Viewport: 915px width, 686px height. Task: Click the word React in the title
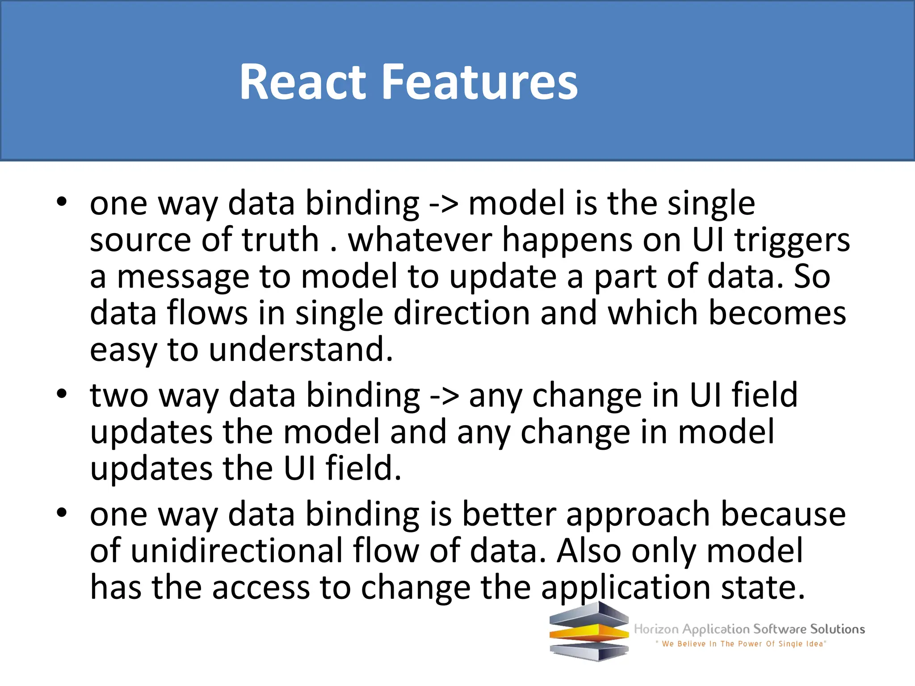[x=302, y=82]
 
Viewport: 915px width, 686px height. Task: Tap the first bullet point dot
[x=62, y=201]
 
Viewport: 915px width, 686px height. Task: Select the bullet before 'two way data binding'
[x=62, y=394]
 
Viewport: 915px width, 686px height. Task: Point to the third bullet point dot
[x=62, y=513]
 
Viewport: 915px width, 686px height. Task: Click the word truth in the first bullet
[x=280, y=240]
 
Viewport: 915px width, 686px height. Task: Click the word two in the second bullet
[x=119, y=396]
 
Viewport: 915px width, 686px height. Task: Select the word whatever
[x=420, y=240]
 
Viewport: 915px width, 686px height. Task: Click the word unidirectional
[x=236, y=551]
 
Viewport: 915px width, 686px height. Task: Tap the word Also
[x=589, y=551]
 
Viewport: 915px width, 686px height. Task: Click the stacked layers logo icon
[x=589, y=631]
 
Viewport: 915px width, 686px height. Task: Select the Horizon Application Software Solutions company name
[x=749, y=629]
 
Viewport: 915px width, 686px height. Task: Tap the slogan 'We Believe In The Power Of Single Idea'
[x=741, y=644]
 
